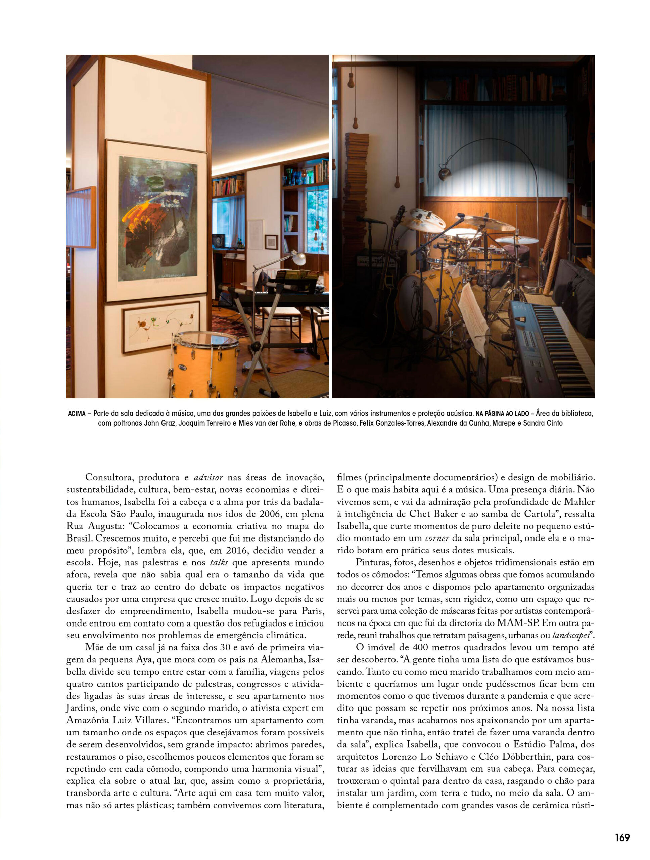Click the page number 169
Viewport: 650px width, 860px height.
[622, 837]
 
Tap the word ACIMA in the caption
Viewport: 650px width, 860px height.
[77, 414]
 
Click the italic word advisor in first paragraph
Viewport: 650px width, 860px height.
[208, 478]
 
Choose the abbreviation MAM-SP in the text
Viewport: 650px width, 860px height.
[517, 623]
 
